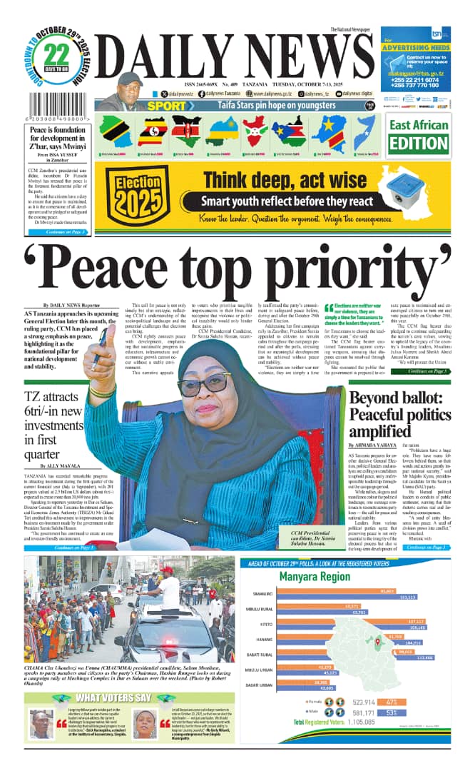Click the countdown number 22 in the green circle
point(61,56)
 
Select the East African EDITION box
point(419,136)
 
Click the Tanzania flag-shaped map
point(113,132)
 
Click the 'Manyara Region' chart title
point(314,577)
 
